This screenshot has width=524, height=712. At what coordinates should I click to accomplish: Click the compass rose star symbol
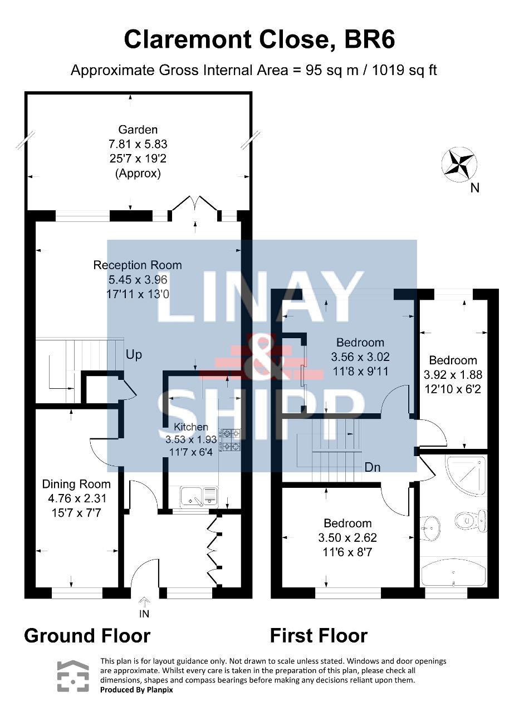click(459, 165)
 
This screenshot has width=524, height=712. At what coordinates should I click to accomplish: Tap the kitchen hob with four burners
click(232, 440)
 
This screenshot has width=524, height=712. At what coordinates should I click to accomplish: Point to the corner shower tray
click(466, 476)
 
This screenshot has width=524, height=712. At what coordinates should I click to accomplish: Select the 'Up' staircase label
click(134, 355)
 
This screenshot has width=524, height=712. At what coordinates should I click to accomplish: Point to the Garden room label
click(138, 130)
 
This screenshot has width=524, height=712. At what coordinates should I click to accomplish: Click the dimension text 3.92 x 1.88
click(453, 375)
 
